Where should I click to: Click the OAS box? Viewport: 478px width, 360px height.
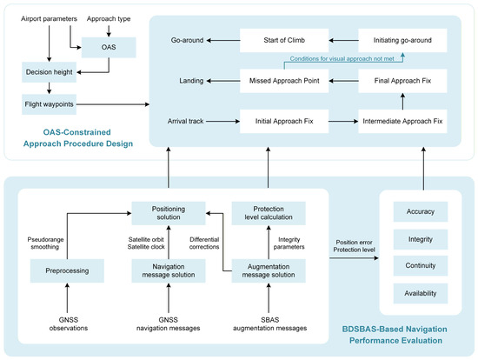[x=109, y=47]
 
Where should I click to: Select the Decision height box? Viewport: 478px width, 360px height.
[x=49, y=72]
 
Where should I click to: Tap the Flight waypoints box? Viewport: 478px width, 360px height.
[x=49, y=104]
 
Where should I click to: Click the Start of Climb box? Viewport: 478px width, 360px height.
[x=284, y=40]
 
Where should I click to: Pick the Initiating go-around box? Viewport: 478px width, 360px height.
[x=402, y=40]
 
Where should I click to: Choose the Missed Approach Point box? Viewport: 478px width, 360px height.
[x=284, y=81]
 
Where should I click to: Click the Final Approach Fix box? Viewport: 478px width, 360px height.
[x=402, y=81]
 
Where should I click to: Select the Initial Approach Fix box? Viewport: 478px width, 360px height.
[x=284, y=122]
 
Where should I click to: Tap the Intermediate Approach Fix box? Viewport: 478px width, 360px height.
[x=402, y=122]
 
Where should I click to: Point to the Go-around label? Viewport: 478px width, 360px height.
[x=187, y=40]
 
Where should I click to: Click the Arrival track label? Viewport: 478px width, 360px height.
[x=185, y=122]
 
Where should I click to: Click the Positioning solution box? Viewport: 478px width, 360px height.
[x=169, y=213]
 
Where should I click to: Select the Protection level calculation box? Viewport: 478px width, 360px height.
[x=269, y=213]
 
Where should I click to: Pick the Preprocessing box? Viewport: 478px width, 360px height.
[x=67, y=271]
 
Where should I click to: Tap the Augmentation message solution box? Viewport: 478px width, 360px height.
[x=269, y=271]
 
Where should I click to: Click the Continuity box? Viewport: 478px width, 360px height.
[x=421, y=266]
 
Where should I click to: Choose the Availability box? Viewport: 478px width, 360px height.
[x=421, y=294]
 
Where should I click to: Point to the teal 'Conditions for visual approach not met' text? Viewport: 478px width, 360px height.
[x=342, y=58]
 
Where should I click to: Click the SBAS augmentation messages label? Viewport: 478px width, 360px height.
[x=269, y=324]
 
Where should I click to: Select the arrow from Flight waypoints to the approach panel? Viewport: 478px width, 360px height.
[x=113, y=104]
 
